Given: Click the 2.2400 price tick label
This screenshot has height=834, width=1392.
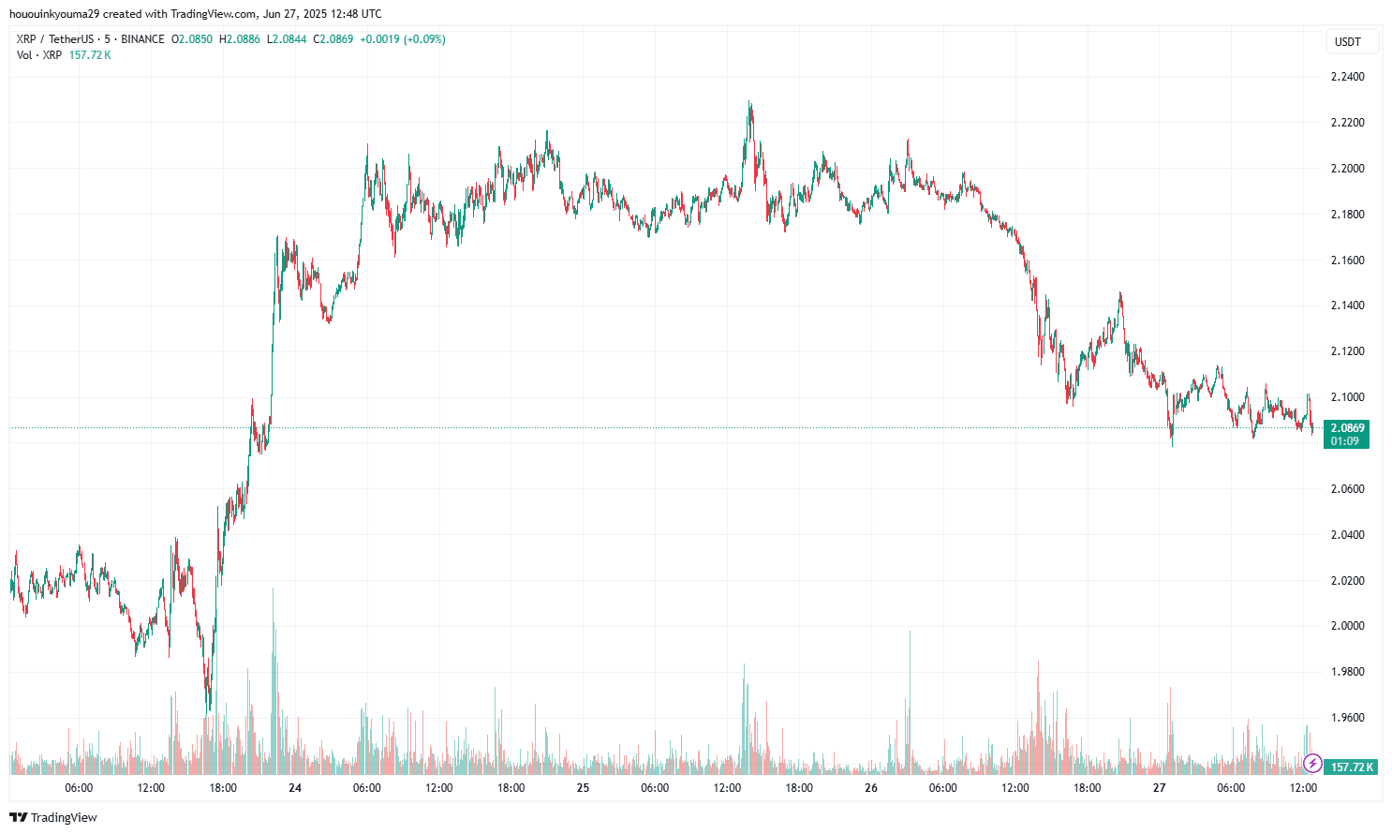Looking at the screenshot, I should coord(1347,77).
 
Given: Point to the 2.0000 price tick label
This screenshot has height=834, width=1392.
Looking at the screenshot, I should coord(1347,626).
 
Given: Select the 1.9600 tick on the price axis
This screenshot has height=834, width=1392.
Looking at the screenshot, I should coord(1347,718).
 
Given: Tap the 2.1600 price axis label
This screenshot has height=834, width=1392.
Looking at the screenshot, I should coord(1347,261).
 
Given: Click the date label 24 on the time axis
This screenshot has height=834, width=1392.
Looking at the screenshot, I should coord(295,788).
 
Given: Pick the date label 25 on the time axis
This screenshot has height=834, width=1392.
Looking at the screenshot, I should coord(583,788).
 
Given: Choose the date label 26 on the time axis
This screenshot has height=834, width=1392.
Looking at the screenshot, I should coord(871,788).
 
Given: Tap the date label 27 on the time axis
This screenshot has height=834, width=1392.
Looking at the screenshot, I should coord(1159,788).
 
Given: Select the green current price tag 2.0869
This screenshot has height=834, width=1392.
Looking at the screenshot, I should coord(1347,428).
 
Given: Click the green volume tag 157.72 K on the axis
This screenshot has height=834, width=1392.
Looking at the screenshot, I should coord(1352,767).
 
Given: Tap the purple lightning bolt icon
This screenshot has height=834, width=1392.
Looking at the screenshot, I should coord(1312,764).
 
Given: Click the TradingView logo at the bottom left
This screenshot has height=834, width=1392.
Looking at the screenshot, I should coord(53,817).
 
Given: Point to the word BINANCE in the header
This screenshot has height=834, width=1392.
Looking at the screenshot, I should coord(142,39).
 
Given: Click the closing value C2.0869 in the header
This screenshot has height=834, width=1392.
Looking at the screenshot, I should coord(333,39).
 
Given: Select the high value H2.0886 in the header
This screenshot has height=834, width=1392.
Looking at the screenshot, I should coord(240,39).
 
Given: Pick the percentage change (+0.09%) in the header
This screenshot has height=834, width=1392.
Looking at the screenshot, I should coord(424,39).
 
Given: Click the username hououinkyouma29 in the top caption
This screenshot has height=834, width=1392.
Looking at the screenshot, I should coord(56,14).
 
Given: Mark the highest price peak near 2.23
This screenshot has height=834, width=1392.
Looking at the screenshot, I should coord(749,103).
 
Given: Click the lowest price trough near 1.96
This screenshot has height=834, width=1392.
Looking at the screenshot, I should coord(209,709).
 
